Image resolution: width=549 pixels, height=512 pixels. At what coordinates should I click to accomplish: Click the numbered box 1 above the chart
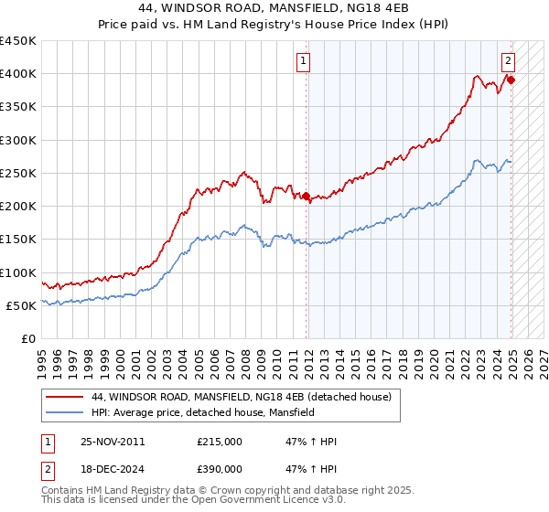[x=302, y=62]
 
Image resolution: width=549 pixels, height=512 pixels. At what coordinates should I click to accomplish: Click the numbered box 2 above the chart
[x=508, y=62]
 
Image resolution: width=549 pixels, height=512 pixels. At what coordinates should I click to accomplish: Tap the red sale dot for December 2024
[x=511, y=80]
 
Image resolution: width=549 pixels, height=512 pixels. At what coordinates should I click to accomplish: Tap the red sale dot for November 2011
[x=307, y=196]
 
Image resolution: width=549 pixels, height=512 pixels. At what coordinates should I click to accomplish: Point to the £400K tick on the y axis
[x=18, y=74]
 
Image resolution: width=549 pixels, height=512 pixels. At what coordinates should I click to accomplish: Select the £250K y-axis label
[x=18, y=173]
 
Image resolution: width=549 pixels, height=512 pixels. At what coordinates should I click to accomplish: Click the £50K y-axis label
[x=21, y=305]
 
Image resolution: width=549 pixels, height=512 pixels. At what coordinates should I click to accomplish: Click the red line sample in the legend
[x=64, y=397]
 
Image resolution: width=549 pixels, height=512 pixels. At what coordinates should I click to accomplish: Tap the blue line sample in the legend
[x=64, y=412]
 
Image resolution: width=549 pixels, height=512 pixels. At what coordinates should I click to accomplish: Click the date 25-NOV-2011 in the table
[x=113, y=441]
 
